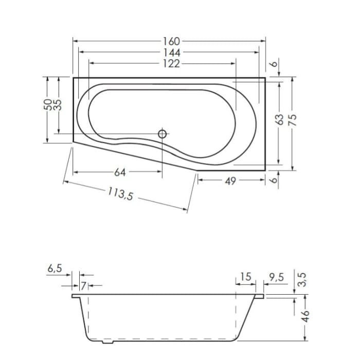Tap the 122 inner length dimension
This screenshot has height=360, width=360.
pos(171,63)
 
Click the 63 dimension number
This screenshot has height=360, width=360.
pos(279,120)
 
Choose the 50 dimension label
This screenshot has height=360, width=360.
pos(47,104)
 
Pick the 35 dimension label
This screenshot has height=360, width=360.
pos(58,104)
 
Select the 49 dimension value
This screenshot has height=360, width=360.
pos(230,181)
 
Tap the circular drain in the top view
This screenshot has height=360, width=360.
pos(163,134)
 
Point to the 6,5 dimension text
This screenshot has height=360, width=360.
pos(55,268)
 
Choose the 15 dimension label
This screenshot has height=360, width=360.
pos(245,277)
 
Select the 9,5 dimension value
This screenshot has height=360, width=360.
pos(276,277)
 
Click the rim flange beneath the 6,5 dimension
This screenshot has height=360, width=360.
pos(76,296)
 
